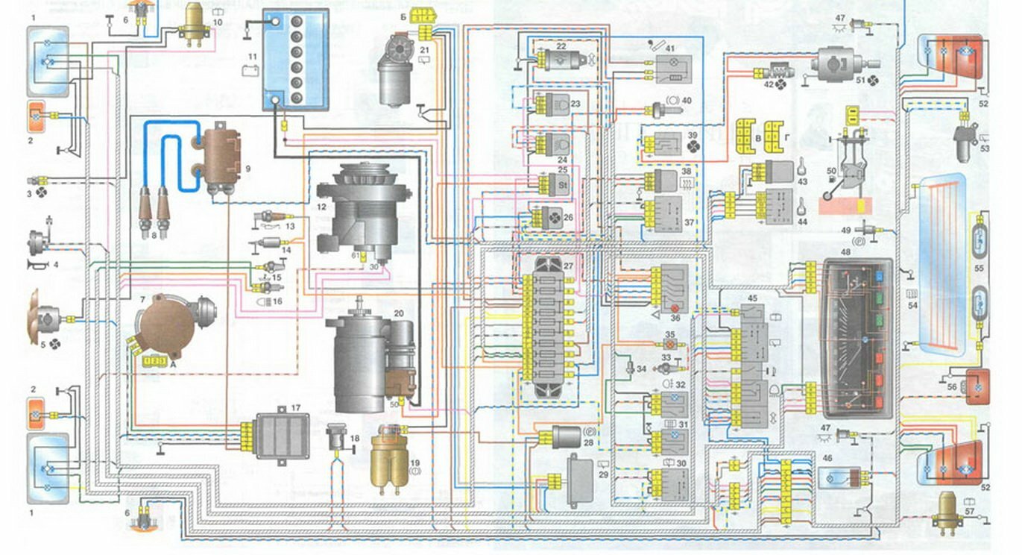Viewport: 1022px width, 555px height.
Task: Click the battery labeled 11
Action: click(294, 60)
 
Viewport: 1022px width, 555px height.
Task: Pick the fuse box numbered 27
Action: click(548, 324)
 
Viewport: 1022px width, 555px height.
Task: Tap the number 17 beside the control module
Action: click(296, 407)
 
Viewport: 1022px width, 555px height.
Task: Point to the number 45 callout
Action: click(752, 299)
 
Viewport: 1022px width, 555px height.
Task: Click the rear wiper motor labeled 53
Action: click(966, 144)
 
